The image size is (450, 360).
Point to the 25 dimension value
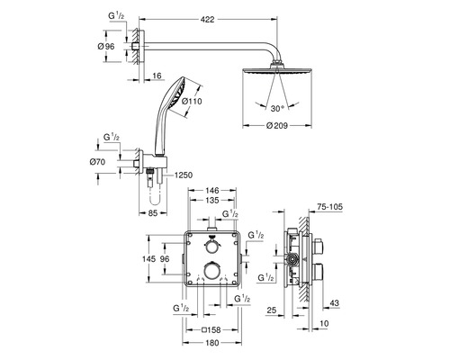click(x=273, y=310)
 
